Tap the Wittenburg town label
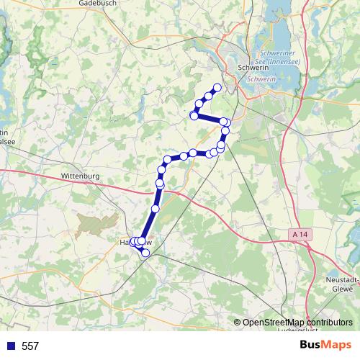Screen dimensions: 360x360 tap(81, 175)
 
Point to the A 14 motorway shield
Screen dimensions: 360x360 tap(303, 235)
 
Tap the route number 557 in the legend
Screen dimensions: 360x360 tap(30, 346)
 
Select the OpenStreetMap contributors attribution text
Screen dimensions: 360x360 tap(297, 322)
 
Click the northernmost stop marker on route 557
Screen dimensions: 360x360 tap(217, 88)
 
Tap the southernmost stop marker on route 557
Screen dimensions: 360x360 tap(145, 251)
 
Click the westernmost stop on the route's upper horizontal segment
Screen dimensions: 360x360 tap(194, 115)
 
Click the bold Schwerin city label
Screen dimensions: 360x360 tap(252, 68)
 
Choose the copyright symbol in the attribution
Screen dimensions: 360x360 tap(238, 322)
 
